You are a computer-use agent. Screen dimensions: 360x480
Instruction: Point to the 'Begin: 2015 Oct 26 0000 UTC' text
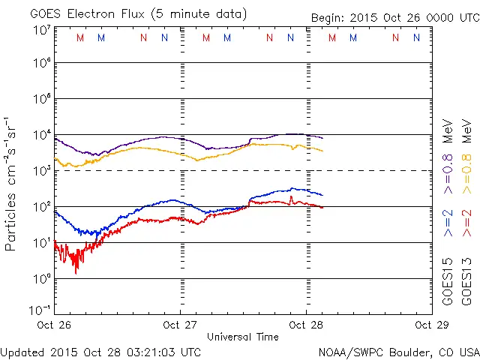click(x=394, y=18)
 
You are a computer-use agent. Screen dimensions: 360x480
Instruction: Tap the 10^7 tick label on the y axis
click(x=40, y=30)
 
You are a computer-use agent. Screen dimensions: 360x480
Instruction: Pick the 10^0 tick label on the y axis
click(x=40, y=279)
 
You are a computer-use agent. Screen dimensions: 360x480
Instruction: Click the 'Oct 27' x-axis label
click(x=181, y=325)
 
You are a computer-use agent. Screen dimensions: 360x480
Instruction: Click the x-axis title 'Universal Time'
click(x=243, y=336)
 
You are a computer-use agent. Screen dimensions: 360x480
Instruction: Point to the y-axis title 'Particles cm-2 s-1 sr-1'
click(x=11, y=184)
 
